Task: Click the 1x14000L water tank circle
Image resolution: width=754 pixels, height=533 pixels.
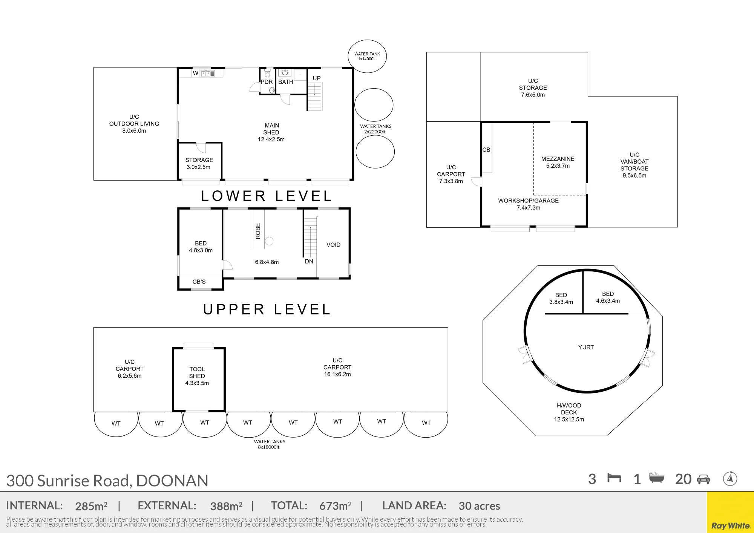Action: click(367, 40)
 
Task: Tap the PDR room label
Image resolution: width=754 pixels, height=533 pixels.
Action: click(267, 82)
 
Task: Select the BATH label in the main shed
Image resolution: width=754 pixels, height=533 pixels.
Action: click(285, 82)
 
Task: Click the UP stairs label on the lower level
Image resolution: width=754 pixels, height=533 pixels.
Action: click(317, 78)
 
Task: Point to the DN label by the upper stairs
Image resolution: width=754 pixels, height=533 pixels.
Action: click(309, 261)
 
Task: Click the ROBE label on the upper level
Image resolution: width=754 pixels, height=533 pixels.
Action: click(258, 231)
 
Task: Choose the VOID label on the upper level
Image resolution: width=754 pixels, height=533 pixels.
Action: click(333, 245)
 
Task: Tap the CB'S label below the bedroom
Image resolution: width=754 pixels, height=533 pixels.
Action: click(199, 282)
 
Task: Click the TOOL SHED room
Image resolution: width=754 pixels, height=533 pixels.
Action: click(199, 379)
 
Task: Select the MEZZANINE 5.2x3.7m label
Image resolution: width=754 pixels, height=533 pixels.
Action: click(558, 162)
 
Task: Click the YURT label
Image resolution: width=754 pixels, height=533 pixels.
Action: click(586, 347)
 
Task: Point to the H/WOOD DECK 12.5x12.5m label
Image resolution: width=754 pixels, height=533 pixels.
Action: click(569, 412)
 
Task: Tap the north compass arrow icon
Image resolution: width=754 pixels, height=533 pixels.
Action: click(730, 479)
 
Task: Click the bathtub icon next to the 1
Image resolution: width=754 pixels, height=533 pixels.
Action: click(656, 478)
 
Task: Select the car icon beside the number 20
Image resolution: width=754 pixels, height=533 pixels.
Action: click(703, 479)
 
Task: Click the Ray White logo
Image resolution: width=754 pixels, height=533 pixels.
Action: click(730, 526)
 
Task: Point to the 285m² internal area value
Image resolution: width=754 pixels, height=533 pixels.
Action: click(91, 506)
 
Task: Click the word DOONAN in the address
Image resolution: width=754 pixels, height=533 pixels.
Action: click(172, 481)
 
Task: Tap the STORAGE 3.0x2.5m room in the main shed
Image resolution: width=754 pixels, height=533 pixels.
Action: click(199, 161)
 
